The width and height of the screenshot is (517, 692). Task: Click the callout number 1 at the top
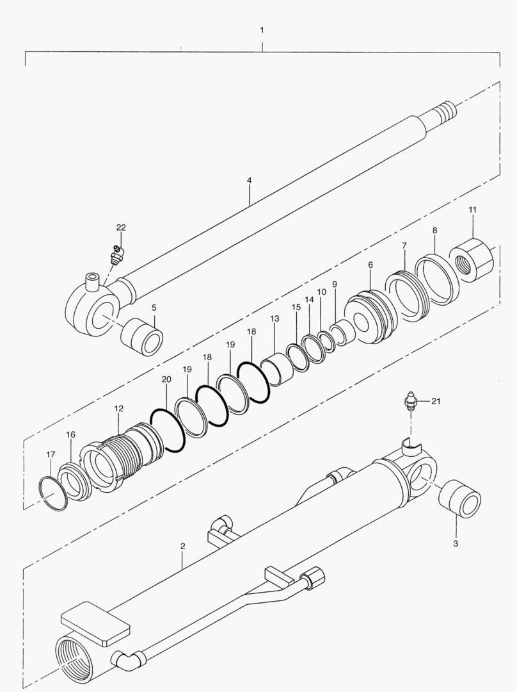click(262, 31)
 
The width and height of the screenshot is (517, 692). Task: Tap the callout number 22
click(121, 227)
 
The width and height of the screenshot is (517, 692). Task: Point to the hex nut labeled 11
click(472, 258)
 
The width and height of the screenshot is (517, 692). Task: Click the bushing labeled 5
click(142, 337)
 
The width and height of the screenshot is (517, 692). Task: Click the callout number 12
click(119, 409)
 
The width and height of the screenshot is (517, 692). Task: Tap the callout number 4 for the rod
click(249, 181)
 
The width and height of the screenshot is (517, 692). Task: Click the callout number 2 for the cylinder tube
click(182, 547)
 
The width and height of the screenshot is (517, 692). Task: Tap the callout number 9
click(335, 284)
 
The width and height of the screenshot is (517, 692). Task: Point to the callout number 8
click(434, 231)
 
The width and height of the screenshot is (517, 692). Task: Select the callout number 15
click(296, 307)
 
